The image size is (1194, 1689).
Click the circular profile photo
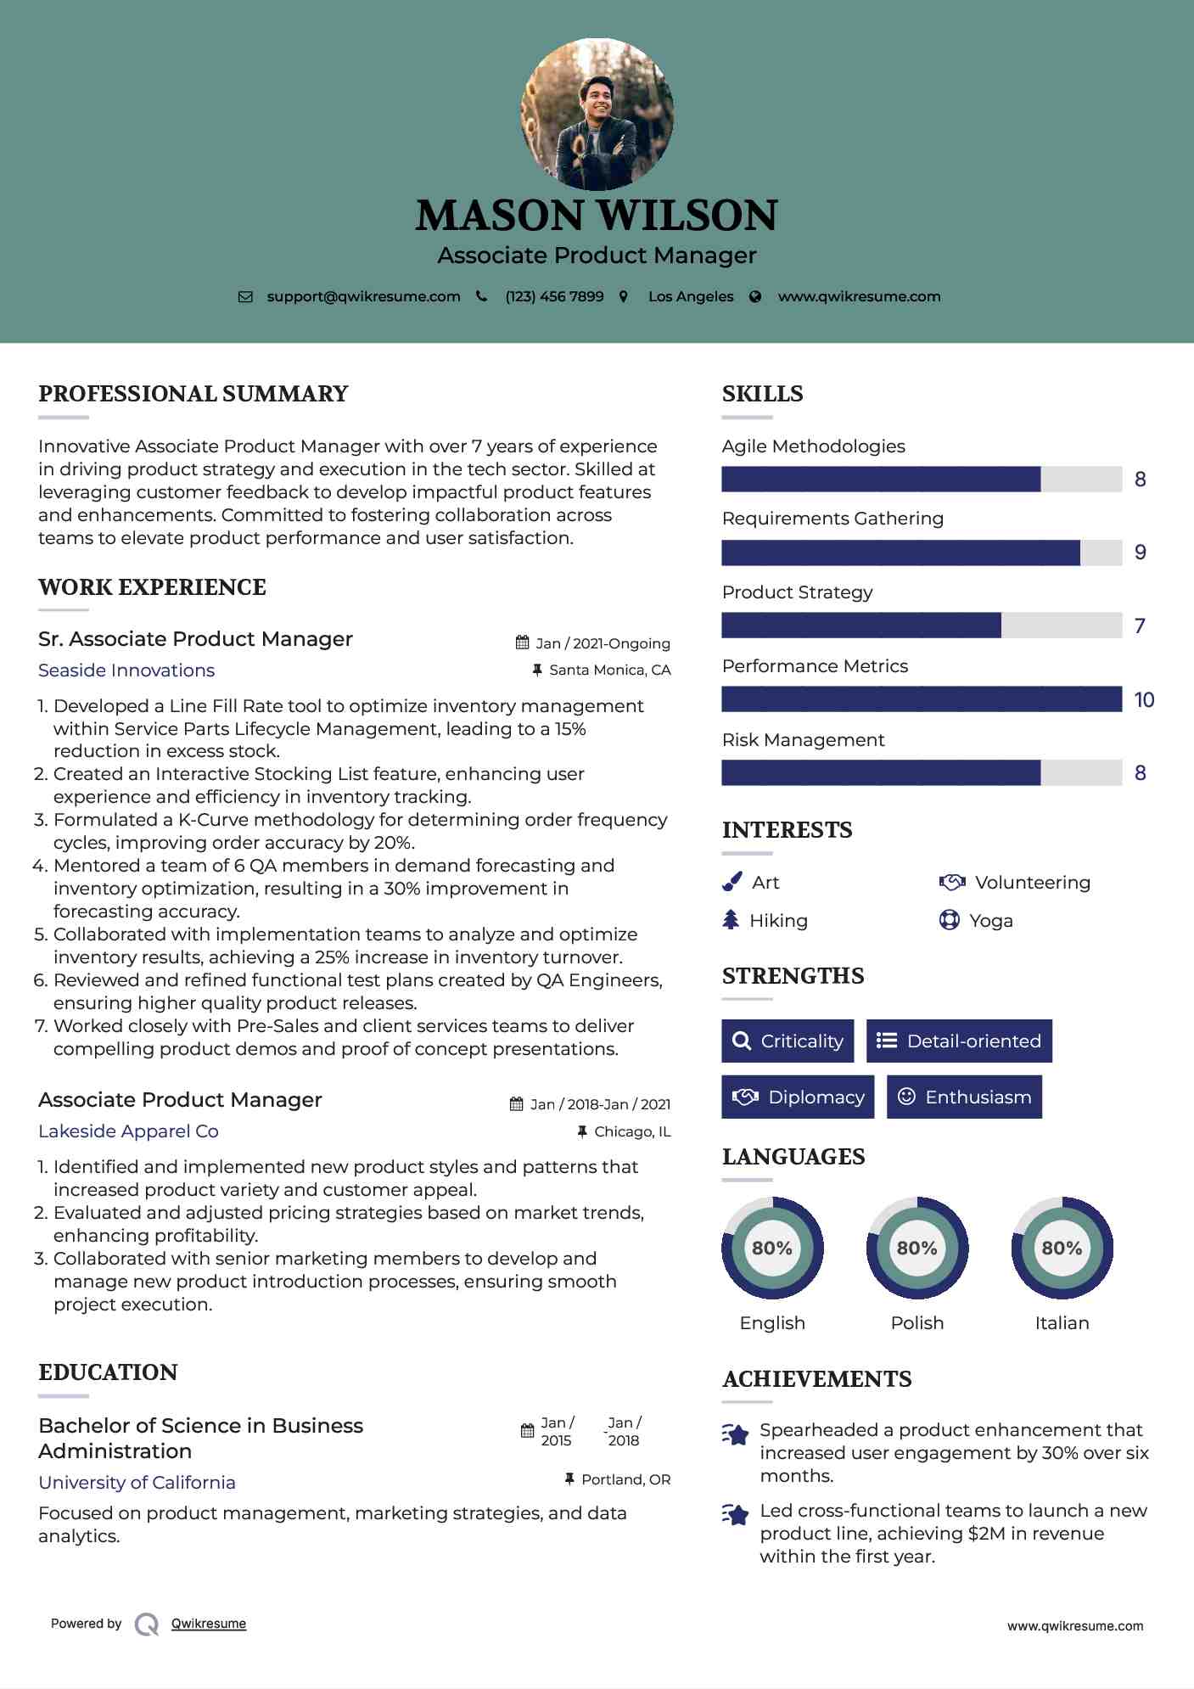tap(597, 114)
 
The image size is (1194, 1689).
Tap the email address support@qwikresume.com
tap(363, 296)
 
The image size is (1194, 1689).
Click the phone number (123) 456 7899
tap(554, 296)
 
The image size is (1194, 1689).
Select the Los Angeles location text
tap(691, 296)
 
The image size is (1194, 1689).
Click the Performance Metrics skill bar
tap(922, 699)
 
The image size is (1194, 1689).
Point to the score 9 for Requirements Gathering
tap(1141, 553)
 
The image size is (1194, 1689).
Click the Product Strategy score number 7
tap(1140, 626)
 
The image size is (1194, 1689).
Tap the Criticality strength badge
tap(788, 1041)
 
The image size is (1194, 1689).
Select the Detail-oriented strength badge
tap(959, 1041)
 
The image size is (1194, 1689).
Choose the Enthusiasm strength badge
tap(964, 1097)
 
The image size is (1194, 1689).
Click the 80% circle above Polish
tap(917, 1248)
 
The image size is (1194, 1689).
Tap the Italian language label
tap(1062, 1322)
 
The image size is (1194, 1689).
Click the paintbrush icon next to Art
tap(732, 883)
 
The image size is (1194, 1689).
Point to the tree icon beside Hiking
tap(731, 920)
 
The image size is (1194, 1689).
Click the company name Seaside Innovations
tap(126, 671)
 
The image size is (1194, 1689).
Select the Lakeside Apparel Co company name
tap(128, 1131)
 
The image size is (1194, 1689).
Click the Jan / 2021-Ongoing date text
tap(603, 643)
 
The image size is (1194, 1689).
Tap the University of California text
tap(137, 1482)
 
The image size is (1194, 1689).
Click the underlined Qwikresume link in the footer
tap(209, 1624)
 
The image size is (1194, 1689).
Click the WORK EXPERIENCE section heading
tap(152, 587)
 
